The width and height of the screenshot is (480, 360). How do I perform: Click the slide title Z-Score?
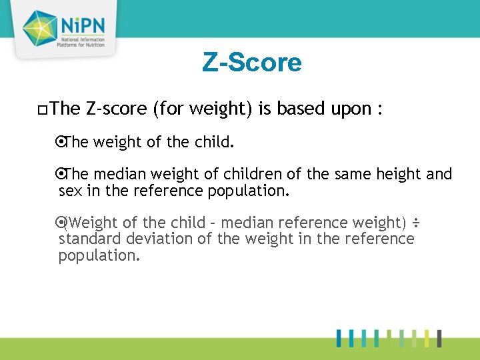pos(252,63)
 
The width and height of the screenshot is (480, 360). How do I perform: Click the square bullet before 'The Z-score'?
pos(43,109)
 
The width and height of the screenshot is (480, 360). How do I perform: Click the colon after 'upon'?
pos(379,109)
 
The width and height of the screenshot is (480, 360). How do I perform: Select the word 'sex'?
pos(70,192)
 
